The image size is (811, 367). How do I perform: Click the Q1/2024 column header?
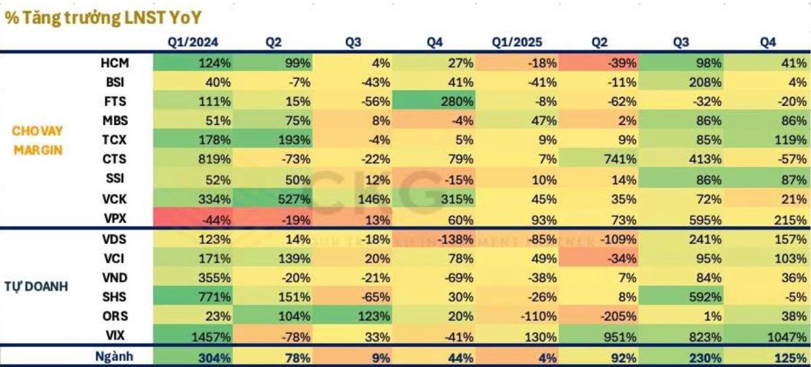[x=193, y=43]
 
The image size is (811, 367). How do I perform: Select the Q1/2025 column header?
[x=516, y=43]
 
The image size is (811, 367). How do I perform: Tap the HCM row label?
[x=114, y=63]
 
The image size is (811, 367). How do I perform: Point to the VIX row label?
[x=115, y=335]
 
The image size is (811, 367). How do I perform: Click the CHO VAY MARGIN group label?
[x=37, y=141]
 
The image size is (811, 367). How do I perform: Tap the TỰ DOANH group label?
[x=36, y=287]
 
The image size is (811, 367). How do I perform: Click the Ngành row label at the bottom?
[x=114, y=356]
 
